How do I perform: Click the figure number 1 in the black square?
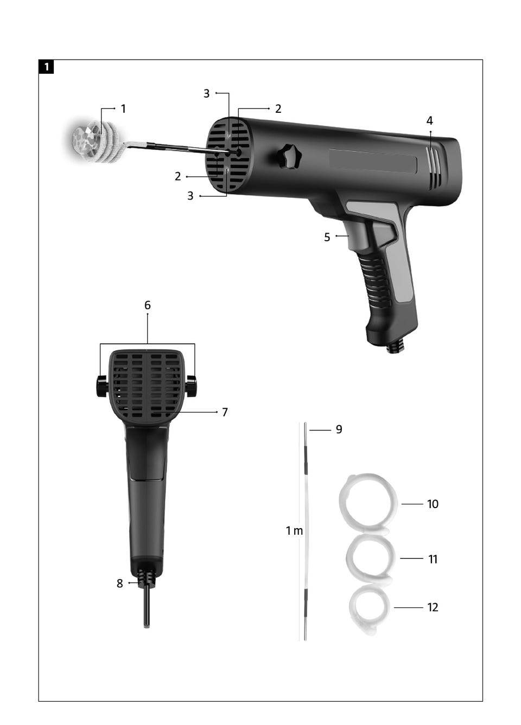point(46,67)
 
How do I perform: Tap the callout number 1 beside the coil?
point(123,109)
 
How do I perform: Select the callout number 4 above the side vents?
point(429,121)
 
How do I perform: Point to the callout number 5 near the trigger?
point(327,238)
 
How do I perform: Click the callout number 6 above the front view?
point(148,305)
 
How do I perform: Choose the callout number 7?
point(225,412)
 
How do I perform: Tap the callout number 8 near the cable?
point(120,583)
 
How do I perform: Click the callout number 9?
point(339,429)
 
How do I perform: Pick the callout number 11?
point(433,559)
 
